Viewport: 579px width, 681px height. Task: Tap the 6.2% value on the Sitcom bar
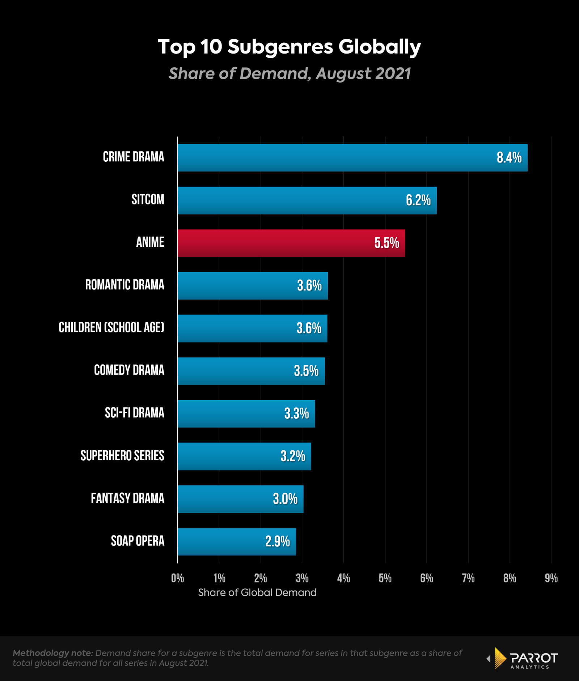point(418,200)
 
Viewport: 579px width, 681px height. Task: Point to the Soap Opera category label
point(138,541)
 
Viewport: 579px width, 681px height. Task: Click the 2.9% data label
point(278,542)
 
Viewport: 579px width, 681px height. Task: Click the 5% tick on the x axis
point(385,578)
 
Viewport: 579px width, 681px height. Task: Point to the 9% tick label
point(551,578)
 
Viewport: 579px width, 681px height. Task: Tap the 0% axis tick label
point(177,578)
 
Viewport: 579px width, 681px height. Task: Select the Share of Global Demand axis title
point(257,593)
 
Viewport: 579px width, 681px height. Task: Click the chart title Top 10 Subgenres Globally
point(289,47)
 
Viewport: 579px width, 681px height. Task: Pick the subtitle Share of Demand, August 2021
point(289,73)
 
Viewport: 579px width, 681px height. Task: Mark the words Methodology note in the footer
point(53,653)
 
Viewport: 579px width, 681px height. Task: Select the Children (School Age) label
point(111,327)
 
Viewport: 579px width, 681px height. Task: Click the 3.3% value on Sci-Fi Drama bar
point(296,414)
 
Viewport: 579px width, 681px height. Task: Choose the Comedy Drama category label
point(129,370)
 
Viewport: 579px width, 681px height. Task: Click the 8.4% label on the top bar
point(509,158)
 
